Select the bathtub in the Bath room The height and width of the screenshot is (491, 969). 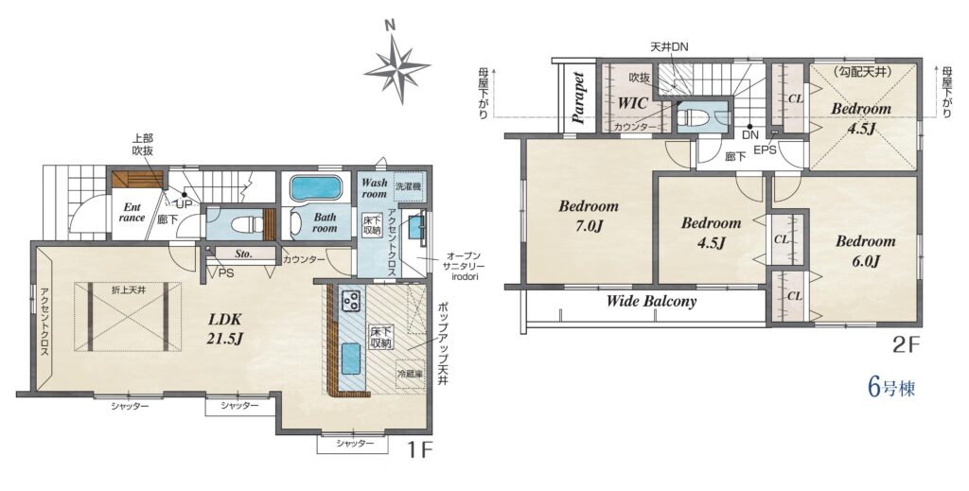[x=315, y=187]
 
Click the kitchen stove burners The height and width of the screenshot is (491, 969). [x=351, y=301]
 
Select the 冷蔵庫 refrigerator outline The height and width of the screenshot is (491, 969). [x=411, y=373]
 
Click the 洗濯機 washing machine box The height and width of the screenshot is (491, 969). [x=409, y=187]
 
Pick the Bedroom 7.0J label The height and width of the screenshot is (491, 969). [x=589, y=215]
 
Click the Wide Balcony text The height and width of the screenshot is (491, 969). [x=651, y=302]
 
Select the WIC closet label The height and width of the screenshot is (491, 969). [x=633, y=103]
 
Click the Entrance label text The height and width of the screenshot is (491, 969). [x=132, y=212]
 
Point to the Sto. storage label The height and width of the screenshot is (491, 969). [x=243, y=254]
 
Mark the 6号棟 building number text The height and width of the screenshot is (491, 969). [x=891, y=387]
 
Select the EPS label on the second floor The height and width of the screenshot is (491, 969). [x=764, y=149]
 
